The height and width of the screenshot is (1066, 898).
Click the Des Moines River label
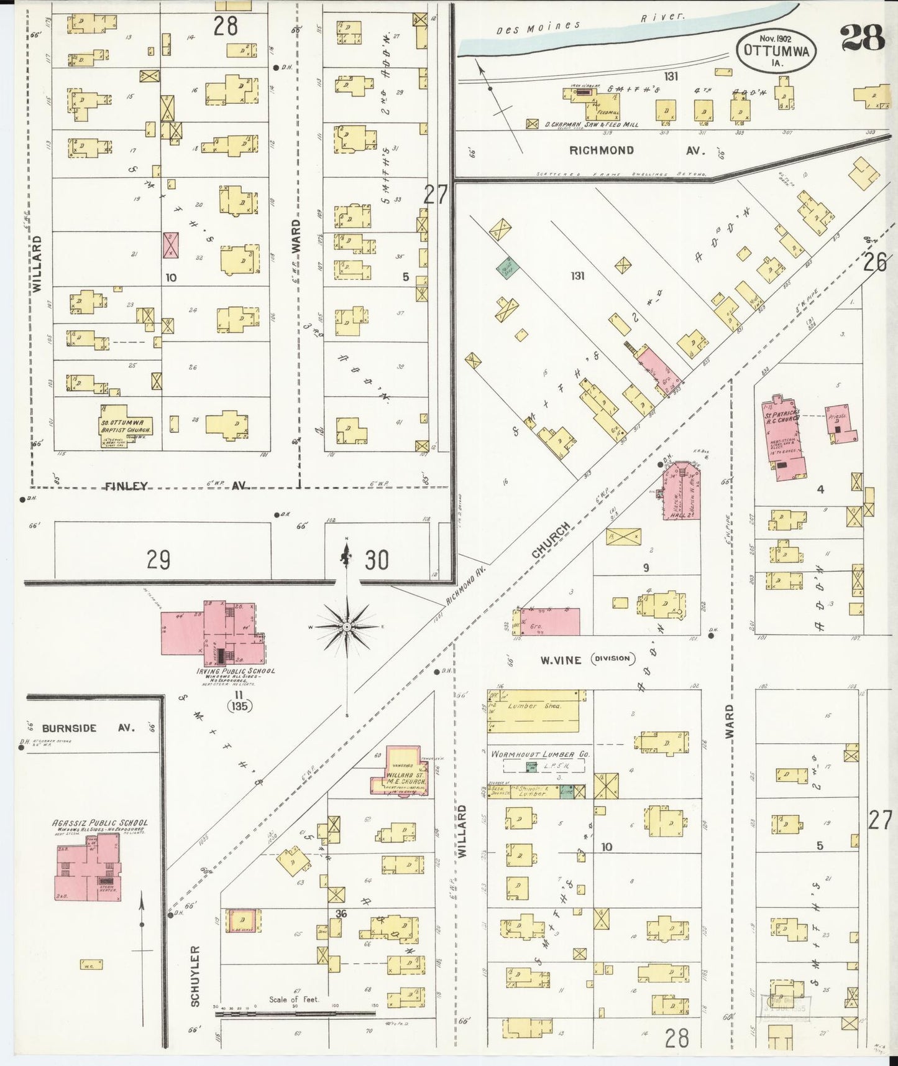pos(590,22)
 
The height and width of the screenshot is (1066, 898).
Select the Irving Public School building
pos(211,629)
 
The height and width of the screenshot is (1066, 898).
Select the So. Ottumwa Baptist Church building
pos(126,425)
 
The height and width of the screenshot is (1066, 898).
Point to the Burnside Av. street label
pos(87,728)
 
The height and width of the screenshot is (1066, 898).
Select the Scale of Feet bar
pos(295,1014)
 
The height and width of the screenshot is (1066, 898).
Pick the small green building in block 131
pos(508,268)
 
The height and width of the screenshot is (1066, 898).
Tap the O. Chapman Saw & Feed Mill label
pos(591,124)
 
